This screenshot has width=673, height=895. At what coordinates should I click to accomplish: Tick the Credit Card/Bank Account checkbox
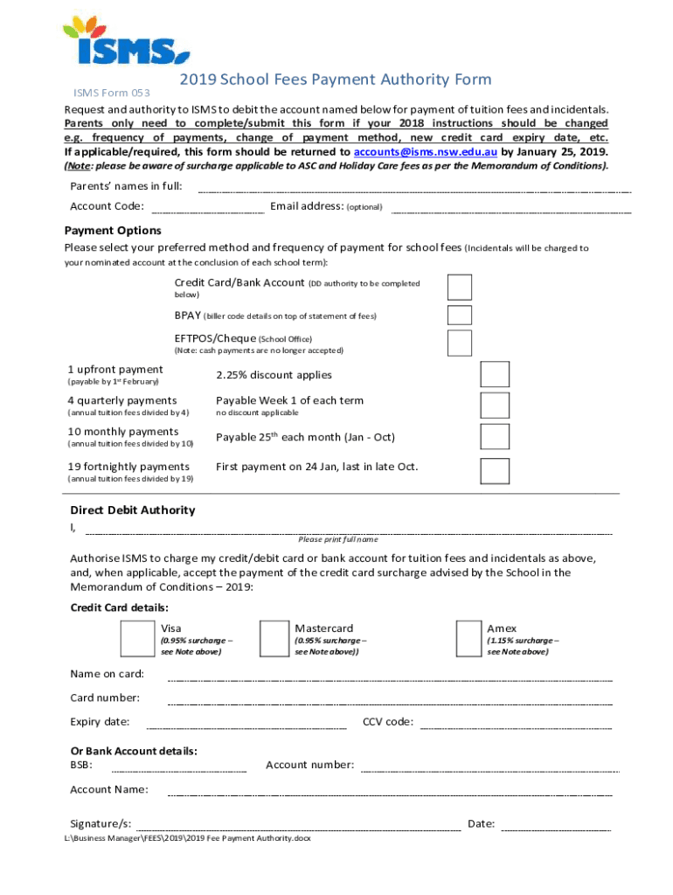click(460, 287)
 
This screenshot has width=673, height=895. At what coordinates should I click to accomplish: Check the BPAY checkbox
click(460, 316)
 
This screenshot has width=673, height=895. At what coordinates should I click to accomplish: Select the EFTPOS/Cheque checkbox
click(460, 343)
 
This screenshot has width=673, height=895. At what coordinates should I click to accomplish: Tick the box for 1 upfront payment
click(495, 374)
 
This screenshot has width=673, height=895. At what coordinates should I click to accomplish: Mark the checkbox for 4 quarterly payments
click(495, 406)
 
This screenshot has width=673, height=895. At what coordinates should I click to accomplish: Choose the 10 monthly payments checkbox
click(495, 437)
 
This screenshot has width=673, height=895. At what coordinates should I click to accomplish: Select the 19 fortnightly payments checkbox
click(495, 470)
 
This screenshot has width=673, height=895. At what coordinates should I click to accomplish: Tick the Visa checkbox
click(137, 639)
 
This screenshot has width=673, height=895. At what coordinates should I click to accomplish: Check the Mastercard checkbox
click(274, 639)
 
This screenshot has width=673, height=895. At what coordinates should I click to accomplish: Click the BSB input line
click(179, 770)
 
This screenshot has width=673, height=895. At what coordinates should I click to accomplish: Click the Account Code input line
click(208, 211)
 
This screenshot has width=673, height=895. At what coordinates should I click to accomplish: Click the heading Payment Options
click(113, 231)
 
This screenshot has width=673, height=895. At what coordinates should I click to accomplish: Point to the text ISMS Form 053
click(112, 93)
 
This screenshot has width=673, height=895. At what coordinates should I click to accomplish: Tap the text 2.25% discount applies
click(274, 375)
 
